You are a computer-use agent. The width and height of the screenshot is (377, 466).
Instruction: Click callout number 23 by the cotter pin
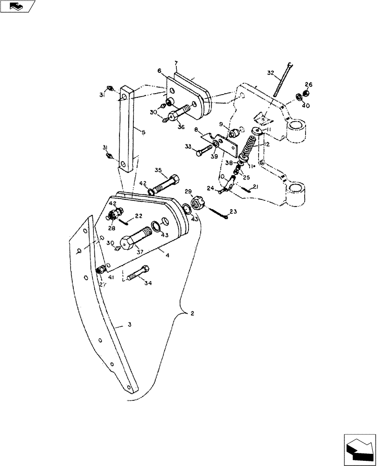pyautogui.click(x=233, y=212)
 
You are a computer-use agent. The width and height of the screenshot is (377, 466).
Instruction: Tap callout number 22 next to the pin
pyautogui.click(x=139, y=216)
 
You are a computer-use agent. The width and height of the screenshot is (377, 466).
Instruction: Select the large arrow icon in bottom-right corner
pyautogui.click(x=359, y=448)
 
